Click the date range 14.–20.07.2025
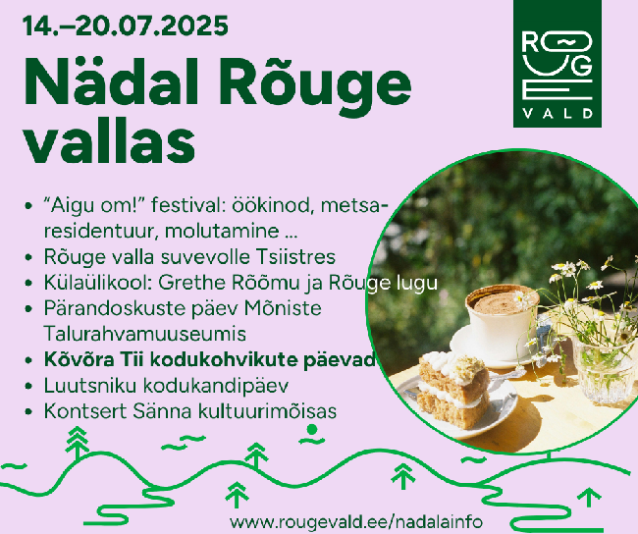[x=126, y=27]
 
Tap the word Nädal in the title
[x=112, y=81]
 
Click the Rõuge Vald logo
[x=558, y=64]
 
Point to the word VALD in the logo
[x=558, y=113]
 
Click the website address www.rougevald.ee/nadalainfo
[x=356, y=521]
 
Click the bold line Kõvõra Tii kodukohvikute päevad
[x=209, y=360]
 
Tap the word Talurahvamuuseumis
[x=145, y=334]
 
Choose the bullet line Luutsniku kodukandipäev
[x=167, y=386]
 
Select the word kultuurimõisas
[x=268, y=411]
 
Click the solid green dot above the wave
[x=312, y=429]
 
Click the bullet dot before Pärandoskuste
[x=28, y=309]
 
